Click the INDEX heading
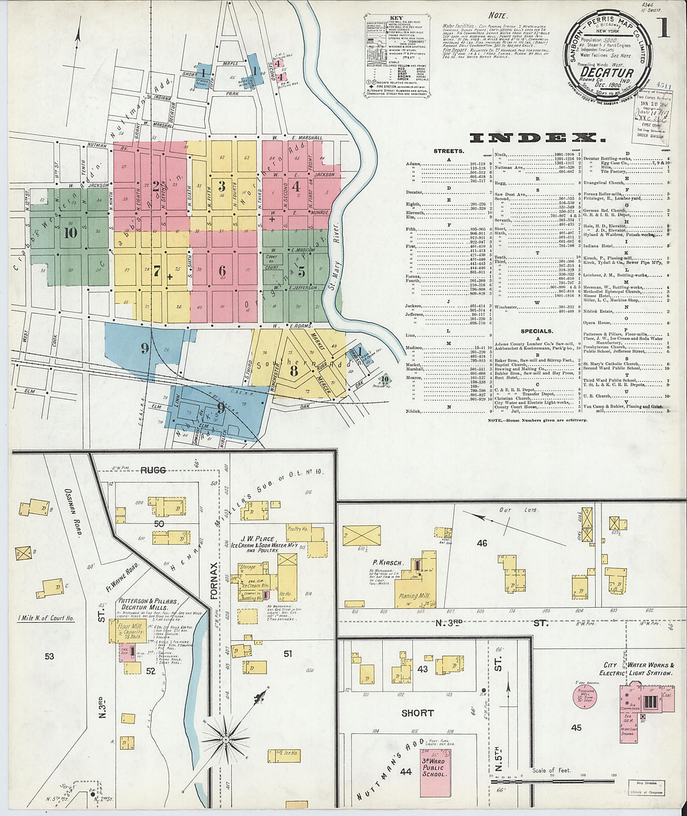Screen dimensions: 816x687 pyautogui.click(x=537, y=138)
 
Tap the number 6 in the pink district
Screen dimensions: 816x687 pyautogui.click(x=222, y=271)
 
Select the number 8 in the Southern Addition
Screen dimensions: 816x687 pyautogui.click(x=293, y=369)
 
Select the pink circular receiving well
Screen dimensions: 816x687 pyautogui.click(x=585, y=696)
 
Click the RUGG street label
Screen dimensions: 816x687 pyautogui.click(x=153, y=470)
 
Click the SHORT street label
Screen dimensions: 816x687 pyautogui.click(x=417, y=713)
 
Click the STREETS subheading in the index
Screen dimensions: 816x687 pyautogui.click(x=448, y=151)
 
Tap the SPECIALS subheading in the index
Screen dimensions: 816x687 pyautogui.click(x=536, y=331)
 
